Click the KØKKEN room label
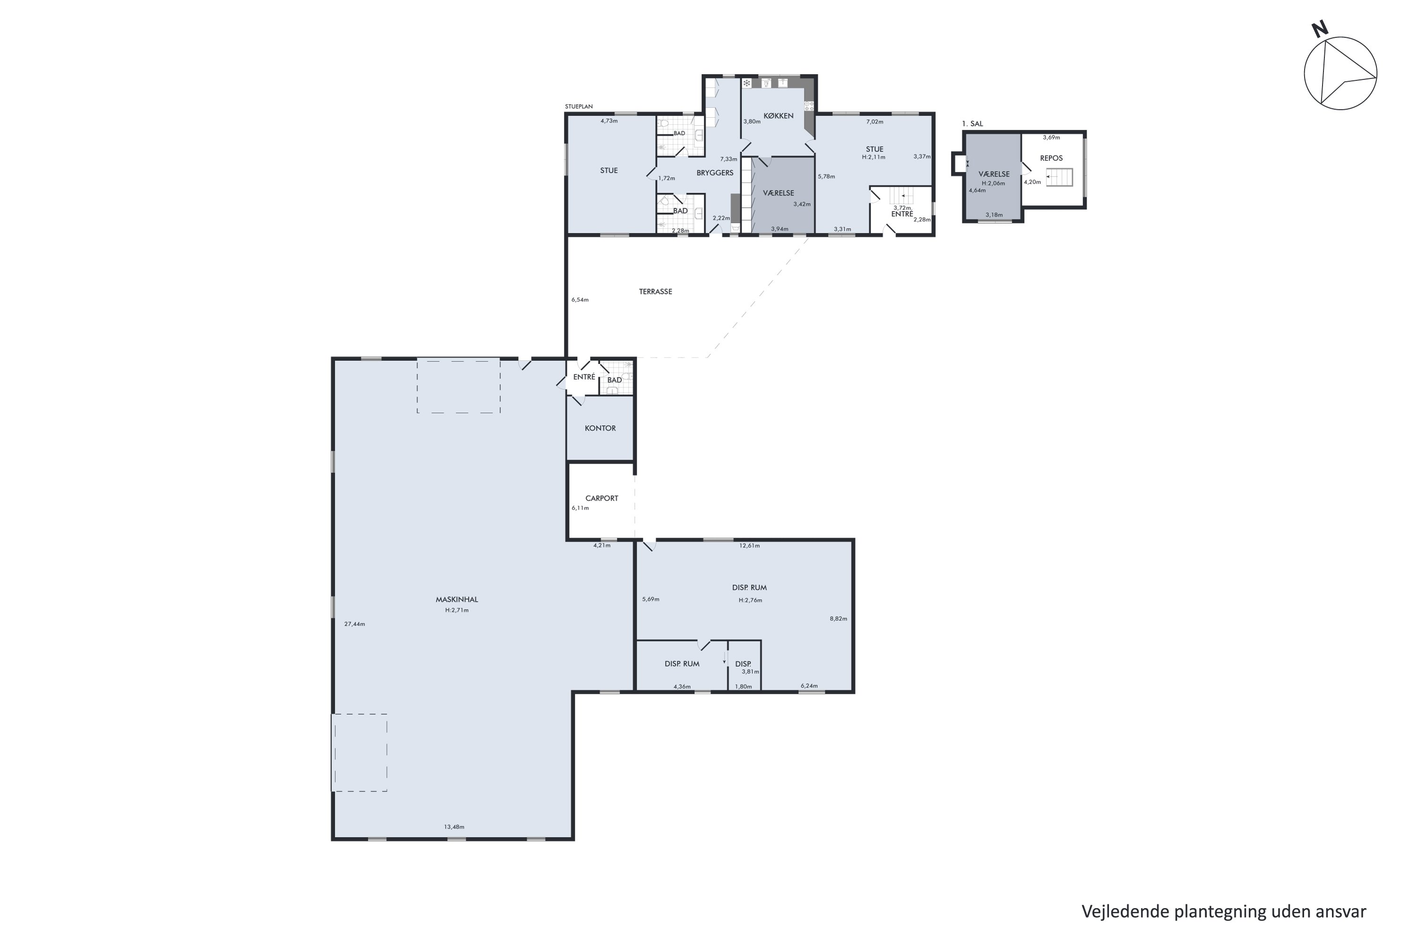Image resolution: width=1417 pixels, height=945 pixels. pos(778,116)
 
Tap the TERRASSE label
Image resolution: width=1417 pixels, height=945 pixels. pos(656,292)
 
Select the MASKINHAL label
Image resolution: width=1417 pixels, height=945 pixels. pos(457,600)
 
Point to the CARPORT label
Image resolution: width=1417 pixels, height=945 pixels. pos(602,498)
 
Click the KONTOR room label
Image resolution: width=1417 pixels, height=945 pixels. pos(600,429)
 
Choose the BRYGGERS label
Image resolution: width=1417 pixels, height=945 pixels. pos(715,173)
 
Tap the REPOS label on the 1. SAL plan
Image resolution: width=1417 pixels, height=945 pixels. pos(1051,158)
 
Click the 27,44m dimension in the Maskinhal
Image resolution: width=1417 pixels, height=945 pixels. pos(355,624)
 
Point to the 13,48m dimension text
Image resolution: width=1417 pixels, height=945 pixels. pos(454,827)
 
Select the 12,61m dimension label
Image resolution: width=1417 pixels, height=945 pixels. pos(750,546)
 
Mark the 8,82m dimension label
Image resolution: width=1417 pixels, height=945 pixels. pos(839,619)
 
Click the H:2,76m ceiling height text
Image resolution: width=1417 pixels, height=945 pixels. pos(751,600)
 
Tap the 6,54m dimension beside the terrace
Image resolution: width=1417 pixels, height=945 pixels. pos(580,300)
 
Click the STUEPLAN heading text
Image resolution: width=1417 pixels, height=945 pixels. pos(579,107)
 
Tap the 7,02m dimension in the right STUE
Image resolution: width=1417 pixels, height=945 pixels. pos(875,122)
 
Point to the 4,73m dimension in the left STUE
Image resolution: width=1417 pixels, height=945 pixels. pos(609,121)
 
